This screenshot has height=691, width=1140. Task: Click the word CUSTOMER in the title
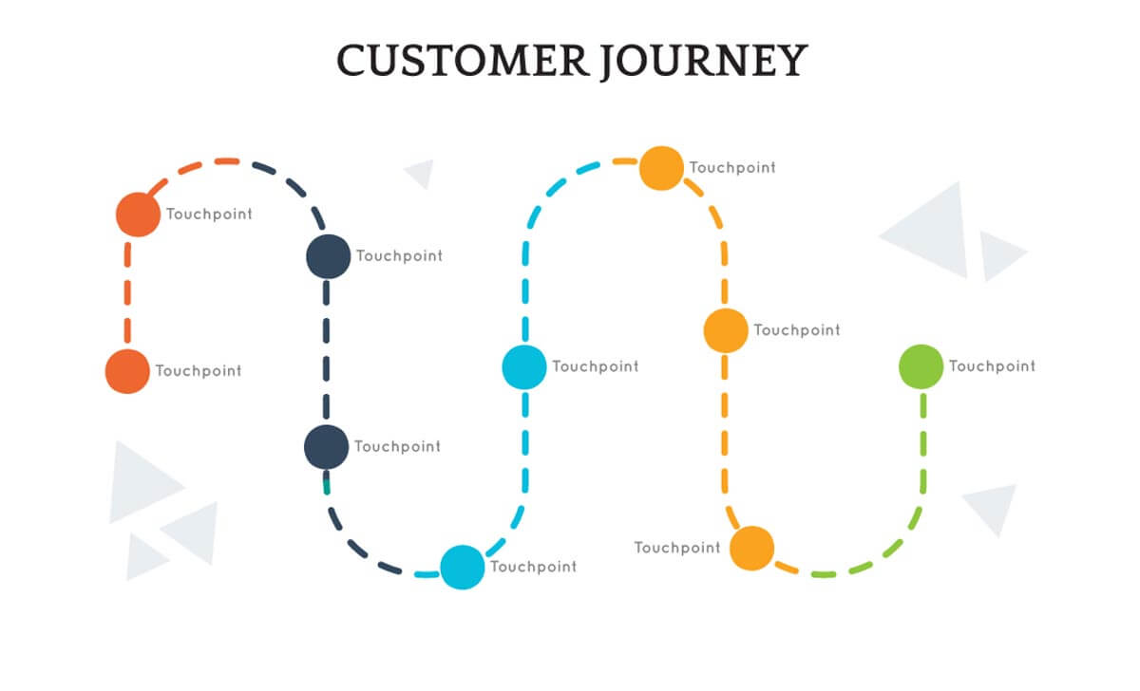pyautogui.click(x=464, y=61)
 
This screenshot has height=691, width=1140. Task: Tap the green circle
pyautogui.click(x=921, y=367)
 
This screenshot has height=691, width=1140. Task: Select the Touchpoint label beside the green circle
pyautogui.click(x=992, y=366)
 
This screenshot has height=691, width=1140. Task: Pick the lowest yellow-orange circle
pyautogui.click(x=752, y=549)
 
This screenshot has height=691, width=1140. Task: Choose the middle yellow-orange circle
pyautogui.click(x=726, y=330)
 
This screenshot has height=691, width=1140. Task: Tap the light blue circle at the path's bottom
pyautogui.click(x=463, y=568)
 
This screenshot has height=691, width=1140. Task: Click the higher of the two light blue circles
pyautogui.click(x=524, y=367)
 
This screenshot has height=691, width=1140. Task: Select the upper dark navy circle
pyautogui.click(x=328, y=256)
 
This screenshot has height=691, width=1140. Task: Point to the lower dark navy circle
pyautogui.click(x=326, y=447)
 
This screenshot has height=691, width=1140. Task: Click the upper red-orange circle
pyautogui.click(x=138, y=215)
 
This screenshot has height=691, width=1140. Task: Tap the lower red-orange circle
pyautogui.click(x=127, y=371)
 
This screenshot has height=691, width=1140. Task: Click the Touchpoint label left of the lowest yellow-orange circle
pyautogui.click(x=677, y=548)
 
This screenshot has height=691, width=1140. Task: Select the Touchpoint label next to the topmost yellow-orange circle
pyautogui.click(x=732, y=168)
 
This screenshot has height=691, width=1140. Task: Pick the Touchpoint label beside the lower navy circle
pyautogui.click(x=397, y=446)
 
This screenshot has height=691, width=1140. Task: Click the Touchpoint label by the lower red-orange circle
pyautogui.click(x=199, y=371)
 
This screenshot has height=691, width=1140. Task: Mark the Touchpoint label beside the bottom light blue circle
pyautogui.click(x=533, y=567)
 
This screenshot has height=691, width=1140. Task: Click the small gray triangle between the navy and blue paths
pyautogui.click(x=421, y=172)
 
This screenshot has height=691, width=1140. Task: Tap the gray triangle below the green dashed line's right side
pyautogui.click(x=994, y=507)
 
